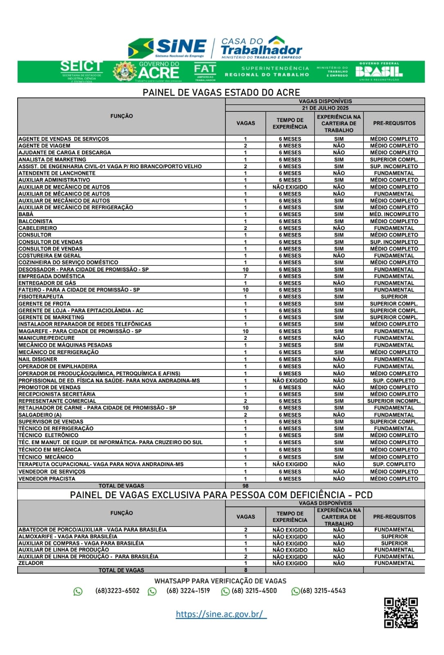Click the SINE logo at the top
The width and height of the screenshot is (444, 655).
click(168, 48)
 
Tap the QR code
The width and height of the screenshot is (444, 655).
click(401, 612)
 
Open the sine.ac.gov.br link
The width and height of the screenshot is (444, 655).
click(221, 614)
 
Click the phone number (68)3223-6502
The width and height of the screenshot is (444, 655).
click(117, 591)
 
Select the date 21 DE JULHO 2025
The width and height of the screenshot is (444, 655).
click(325, 108)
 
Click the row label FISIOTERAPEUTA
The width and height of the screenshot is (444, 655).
click(41, 297)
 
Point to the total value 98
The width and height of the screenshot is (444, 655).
click(246, 486)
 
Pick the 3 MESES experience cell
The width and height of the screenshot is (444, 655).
click(290, 345)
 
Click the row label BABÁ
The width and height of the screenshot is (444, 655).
click(26, 214)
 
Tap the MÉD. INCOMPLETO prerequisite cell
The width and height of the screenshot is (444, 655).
click(394, 214)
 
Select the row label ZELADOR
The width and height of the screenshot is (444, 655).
click(31, 563)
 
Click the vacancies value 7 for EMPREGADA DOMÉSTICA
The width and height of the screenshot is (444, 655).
click(246, 276)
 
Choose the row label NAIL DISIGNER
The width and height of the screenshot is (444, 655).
click(38, 359)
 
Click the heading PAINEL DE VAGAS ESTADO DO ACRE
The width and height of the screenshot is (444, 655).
click(221, 93)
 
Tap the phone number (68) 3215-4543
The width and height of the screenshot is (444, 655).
click(323, 591)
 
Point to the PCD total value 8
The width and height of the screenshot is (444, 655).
click(246, 570)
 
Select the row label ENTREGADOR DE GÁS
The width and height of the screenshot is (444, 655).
click(47, 283)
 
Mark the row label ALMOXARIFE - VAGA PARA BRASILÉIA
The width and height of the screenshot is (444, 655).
click(68, 536)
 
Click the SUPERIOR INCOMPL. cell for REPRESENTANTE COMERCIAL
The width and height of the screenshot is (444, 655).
click(394, 401)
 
